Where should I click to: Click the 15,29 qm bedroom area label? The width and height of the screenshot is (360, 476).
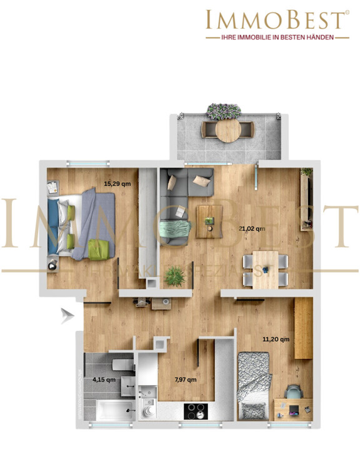pyautogui.click(x=117, y=184)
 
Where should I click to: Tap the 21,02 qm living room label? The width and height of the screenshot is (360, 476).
pyautogui.click(x=252, y=229)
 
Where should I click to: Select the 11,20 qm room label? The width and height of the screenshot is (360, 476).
pyautogui.click(x=276, y=340)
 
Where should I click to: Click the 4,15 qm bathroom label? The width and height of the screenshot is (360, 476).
pyautogui.click(x=104, y=379)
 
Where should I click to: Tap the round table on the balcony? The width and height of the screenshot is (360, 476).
pyautogui.click(x=227, y=130)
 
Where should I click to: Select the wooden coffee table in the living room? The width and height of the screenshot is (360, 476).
pyautogui.click(x=209, y=220)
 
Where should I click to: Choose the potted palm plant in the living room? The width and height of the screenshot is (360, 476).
pyautogui.click(x=176, y=275)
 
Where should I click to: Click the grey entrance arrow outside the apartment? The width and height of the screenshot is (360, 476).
pyautogui.click(x=67, y=315)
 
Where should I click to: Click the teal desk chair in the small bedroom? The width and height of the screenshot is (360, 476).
pyautogui.click(x=294, y=393)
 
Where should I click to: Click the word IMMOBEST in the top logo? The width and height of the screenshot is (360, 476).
pyautogui.click(x=276, y=19)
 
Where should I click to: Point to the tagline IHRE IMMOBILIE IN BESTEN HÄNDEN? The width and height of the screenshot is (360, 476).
pyautogui.click(x=276, y=38)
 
